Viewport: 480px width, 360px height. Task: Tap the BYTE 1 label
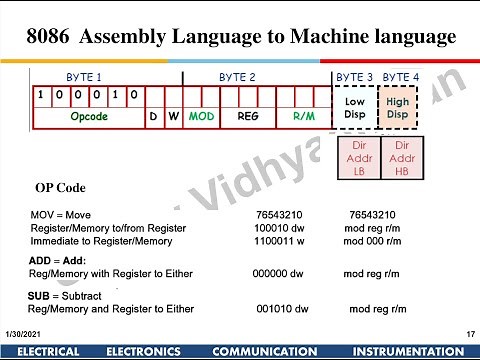click(84, 77)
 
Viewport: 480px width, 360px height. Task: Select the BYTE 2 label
click(237, 77)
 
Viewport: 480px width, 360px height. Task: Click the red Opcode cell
click(88, 117)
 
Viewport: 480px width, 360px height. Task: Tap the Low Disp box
click(355, 107)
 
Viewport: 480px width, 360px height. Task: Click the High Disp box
click(398, 107)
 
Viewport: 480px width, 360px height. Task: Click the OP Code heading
click(61, 188)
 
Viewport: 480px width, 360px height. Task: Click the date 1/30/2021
click(22, 332)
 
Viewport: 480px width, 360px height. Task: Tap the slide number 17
click(469, 332)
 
